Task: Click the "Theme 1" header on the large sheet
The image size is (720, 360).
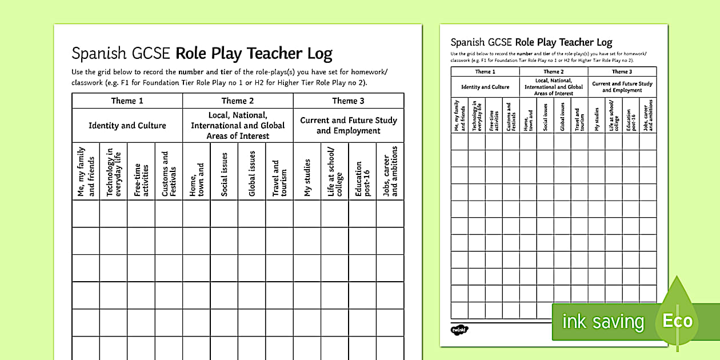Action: tap(127, 101)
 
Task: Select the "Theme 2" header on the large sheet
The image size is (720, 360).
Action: tap(238, 101)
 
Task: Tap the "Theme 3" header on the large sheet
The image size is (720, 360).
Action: tap(349, 101)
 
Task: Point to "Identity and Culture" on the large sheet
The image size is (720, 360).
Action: tap(127, 126)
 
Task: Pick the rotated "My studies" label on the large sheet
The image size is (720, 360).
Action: tap(307, 178)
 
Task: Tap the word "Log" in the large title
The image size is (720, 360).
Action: tap(319, 54)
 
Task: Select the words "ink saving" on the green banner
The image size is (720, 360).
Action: tap(602, 322)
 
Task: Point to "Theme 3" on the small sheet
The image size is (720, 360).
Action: tap(622, 72)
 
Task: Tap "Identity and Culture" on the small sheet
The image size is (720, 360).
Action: tap(485, 87)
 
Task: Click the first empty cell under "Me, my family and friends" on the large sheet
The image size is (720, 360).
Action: tap(86, 213)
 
